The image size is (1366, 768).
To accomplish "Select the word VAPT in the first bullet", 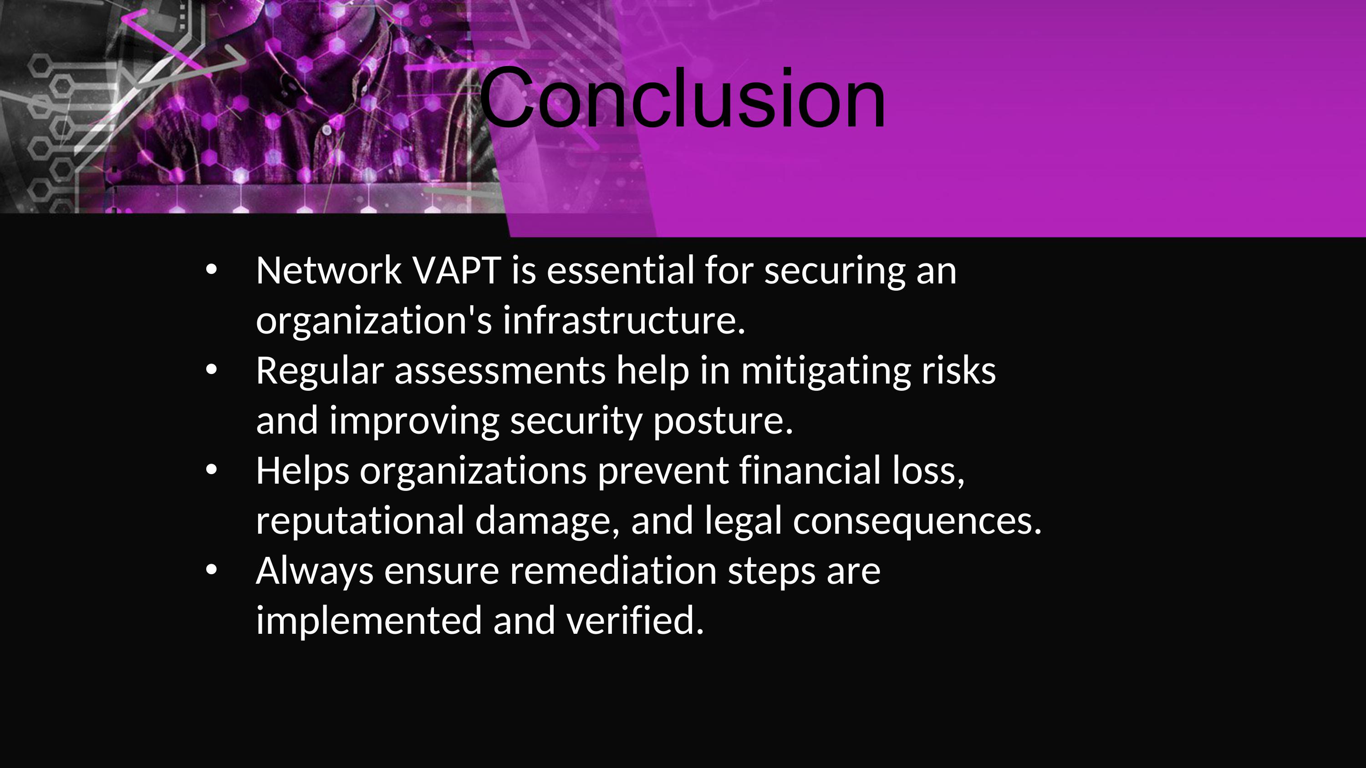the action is click(457, 270).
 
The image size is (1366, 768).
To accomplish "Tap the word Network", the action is click(329, 270).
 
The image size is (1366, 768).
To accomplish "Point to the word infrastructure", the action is click(624, 320).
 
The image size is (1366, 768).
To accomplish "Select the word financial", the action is click(810, 470).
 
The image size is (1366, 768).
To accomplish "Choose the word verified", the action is click(635, 620).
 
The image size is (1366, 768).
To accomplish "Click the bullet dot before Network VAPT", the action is click(211, 270).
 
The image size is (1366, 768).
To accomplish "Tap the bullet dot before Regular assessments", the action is click(211, 370).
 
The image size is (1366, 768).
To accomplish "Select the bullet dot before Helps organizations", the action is click(211, 470).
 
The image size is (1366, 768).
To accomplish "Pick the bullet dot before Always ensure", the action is click(211, 570).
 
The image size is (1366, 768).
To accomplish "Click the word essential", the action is click(621, 270).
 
